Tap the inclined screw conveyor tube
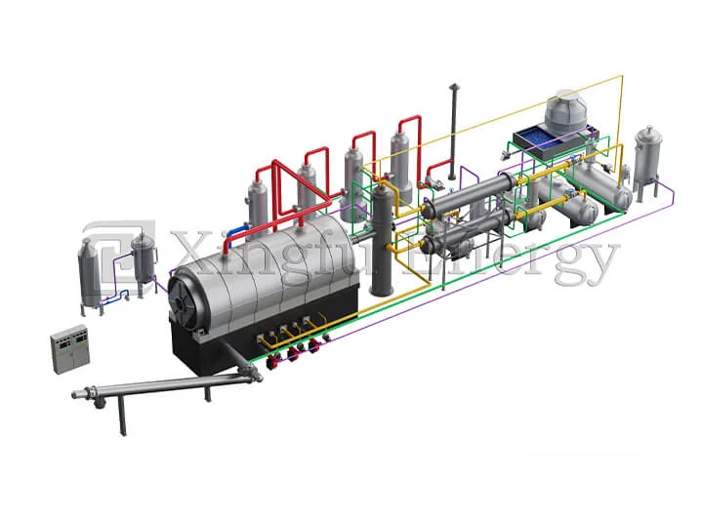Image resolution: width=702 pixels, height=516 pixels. point(166,380)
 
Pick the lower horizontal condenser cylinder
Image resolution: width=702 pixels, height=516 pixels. point(459,234)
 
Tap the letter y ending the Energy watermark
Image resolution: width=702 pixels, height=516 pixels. point(599,258)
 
